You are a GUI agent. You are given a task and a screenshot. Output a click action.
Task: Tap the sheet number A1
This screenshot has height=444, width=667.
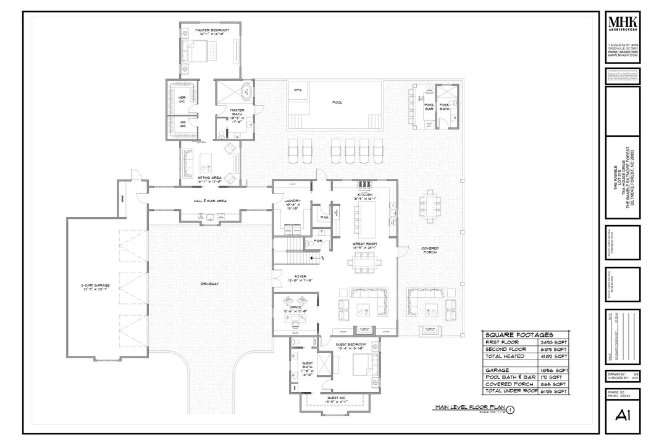point(622,417)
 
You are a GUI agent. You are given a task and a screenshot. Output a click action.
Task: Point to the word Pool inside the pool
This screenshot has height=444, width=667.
point(337,102)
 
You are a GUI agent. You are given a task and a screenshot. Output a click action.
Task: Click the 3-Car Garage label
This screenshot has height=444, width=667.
point(95,286)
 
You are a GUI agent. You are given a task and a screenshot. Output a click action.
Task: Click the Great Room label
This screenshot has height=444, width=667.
point(365,244)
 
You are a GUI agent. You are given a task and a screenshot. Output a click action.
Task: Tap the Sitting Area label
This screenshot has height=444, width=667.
point(210,176)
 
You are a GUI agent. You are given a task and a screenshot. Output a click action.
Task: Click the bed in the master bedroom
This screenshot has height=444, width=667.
point(199,51)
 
